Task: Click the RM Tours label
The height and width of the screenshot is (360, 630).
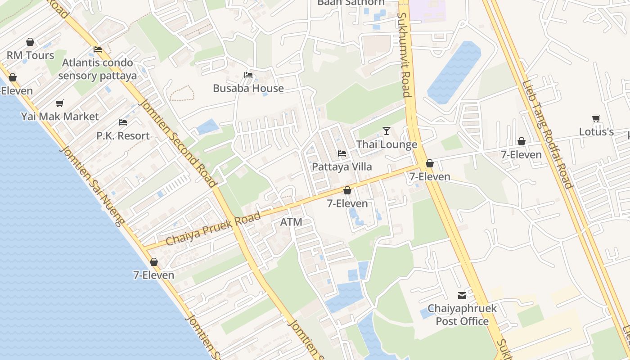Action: (30, 55)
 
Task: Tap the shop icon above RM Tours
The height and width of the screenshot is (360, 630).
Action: (30, 42)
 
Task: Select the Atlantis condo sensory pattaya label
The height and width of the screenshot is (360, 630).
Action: (97, 69)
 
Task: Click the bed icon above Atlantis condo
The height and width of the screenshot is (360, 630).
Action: (98, 49)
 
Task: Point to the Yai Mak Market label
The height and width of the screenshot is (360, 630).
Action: (60, 117)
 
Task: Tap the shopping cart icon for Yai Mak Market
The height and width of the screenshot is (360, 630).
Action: (60, 103)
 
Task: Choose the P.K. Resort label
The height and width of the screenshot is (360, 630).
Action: (123, 135)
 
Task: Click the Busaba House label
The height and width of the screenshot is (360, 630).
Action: (248, 88)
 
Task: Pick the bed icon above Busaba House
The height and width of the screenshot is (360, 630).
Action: (248, 75)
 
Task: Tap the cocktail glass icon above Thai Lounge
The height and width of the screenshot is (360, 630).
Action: (387, 131)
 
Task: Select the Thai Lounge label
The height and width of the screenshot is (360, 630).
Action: (387, 144)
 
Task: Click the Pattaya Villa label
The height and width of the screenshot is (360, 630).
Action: (342, 167)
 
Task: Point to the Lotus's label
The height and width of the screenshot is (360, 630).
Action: (596, 132)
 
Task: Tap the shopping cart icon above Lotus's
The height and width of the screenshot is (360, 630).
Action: (596, 118)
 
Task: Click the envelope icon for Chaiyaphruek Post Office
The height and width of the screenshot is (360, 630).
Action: (462, 296)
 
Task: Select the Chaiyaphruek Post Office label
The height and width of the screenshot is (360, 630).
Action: (462, 315)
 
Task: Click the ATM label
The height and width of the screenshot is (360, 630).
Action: (291, 222)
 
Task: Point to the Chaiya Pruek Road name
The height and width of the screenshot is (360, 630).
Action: (213, 229)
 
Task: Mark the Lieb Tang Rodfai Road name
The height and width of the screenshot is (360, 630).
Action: (547, 134)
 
